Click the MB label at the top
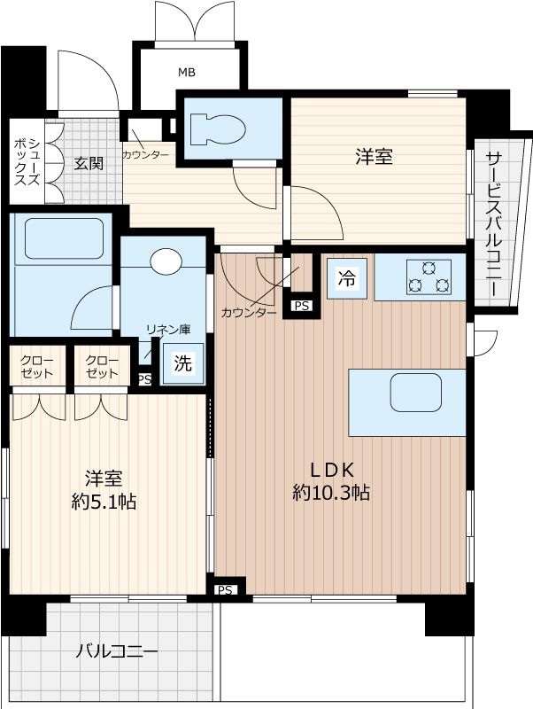point(186,72)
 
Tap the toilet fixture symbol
point(217,130)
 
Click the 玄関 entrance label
point(88,164)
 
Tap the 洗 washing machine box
point(182,362)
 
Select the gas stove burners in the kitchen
point(428,277)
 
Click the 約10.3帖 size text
point(331,494)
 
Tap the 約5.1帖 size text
point(103,502)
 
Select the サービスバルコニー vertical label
point(493,224)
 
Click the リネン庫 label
point(168,330)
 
